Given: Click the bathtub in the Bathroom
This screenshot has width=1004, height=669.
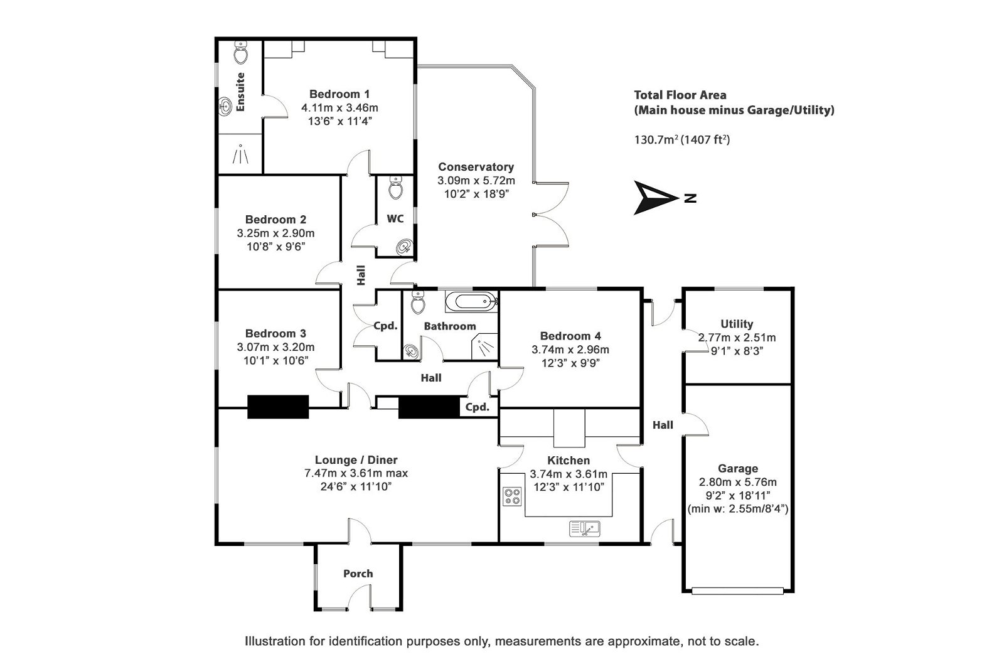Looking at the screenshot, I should coord(471,302).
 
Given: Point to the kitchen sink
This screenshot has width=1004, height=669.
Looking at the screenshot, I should coord(585,528).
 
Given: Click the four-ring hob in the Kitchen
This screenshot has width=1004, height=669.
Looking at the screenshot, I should coord(512,497).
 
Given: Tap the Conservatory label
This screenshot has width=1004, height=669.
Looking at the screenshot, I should coord(476,167).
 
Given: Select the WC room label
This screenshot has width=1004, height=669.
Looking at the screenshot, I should coord(395,218).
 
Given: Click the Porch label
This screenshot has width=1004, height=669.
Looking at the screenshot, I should coord(358,574).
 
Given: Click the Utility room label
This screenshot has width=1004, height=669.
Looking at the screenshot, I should coord(737,324).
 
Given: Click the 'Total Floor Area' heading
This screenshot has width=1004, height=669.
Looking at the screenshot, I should coord(680,95).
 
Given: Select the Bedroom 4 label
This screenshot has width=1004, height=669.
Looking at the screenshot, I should coord(570,336).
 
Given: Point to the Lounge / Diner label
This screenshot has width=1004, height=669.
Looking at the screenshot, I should coord(356,460).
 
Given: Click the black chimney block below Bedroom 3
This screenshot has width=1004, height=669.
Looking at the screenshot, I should coord(278,407).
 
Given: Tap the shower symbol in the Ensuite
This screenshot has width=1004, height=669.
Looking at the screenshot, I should coord(240,154).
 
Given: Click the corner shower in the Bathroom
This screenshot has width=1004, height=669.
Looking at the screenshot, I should coord(485,346).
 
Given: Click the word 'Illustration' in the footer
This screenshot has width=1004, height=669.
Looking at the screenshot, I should coord(275,641).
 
